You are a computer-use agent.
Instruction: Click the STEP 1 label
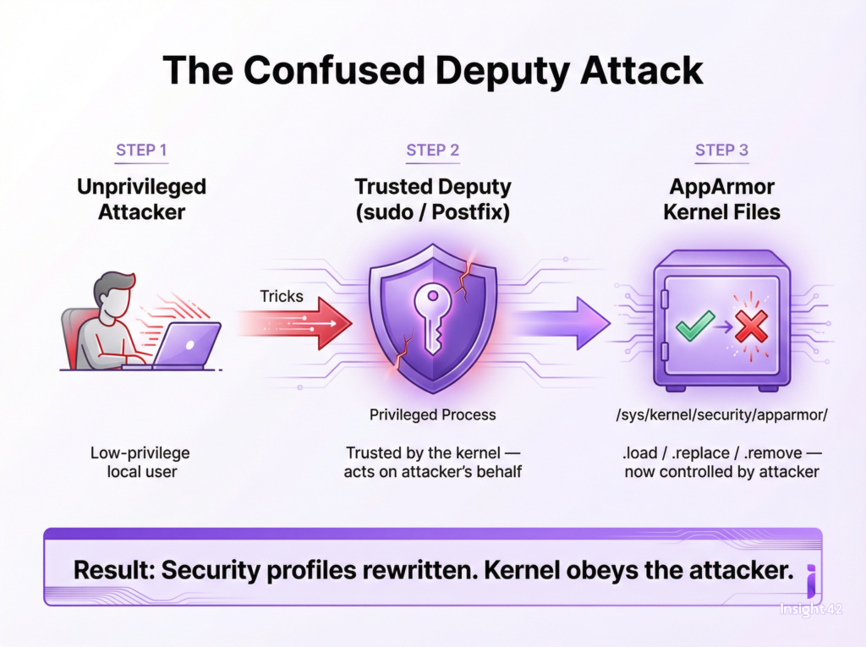point(141,151)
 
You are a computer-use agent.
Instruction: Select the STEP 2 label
point(432,151)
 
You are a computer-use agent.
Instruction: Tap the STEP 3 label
point(721,151)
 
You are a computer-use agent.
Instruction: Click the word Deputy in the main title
point(502,71)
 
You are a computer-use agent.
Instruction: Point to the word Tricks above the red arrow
point(282,296)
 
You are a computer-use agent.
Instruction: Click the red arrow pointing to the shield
point(295,323)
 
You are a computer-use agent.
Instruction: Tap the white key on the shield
point(432,318)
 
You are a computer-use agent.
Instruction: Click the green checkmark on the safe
point(695,325)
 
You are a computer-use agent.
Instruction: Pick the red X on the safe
point(751,326)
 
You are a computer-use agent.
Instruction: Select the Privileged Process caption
point(432,415)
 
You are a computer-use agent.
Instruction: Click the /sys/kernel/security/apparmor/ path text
point(722,415)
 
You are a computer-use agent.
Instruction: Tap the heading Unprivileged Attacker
point(141,200)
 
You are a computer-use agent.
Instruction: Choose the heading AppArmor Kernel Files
point(722,200)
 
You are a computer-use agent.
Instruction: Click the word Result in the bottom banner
point(114,570)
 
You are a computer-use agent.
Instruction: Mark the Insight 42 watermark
point(811,609)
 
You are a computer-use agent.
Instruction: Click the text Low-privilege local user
point(140,462)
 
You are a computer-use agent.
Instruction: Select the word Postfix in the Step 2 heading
point(470,212)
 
